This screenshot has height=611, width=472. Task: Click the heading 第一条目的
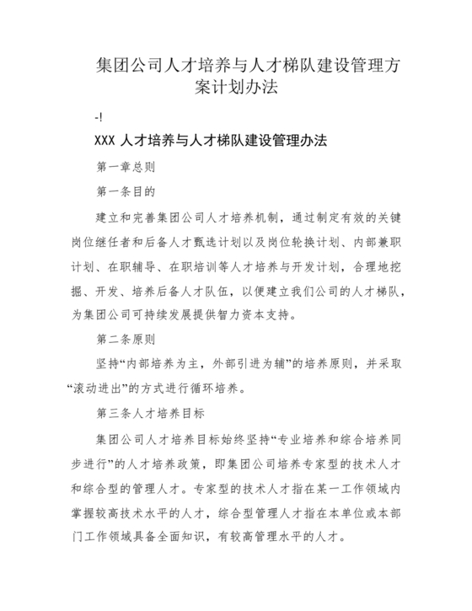tap(126, 192)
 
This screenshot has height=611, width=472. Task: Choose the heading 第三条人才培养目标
tap(146, 415)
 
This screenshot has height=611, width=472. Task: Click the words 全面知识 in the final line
tap(186, 538)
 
